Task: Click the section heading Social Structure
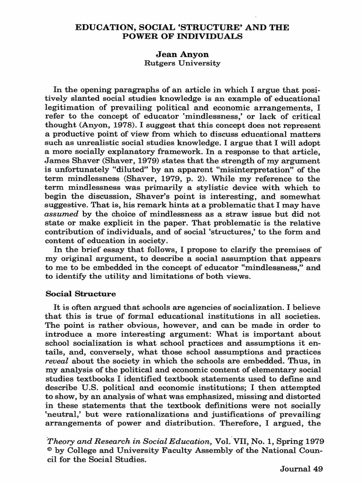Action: click(x=80, y=293)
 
